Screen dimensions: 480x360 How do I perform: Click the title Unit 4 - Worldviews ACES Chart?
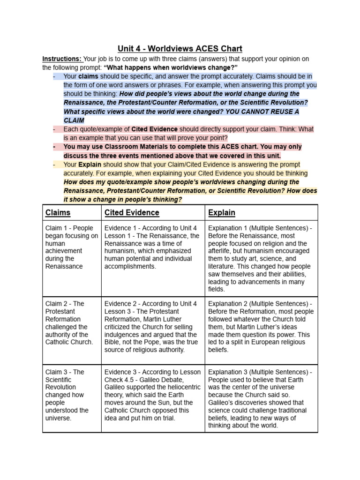point(180,48)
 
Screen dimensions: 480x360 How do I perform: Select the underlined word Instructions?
point(61,59)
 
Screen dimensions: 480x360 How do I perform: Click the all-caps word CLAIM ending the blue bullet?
point(74,120)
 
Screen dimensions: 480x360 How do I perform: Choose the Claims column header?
point(58,212)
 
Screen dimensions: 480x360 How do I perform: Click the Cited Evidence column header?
point(132,212)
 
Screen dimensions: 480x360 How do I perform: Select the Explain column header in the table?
point(222,212)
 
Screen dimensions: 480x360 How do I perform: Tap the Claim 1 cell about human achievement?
point(71,247)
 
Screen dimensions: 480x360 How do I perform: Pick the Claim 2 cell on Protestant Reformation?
point(71,323)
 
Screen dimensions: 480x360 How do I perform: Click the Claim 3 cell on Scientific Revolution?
point(71,395)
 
